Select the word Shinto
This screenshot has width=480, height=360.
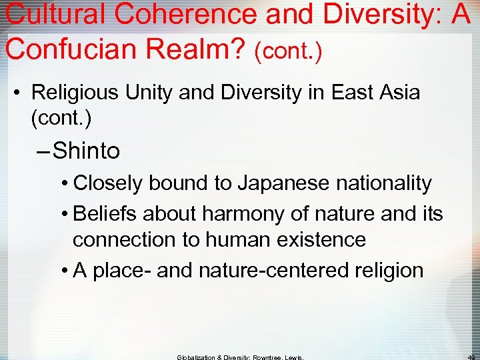[87, 151]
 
